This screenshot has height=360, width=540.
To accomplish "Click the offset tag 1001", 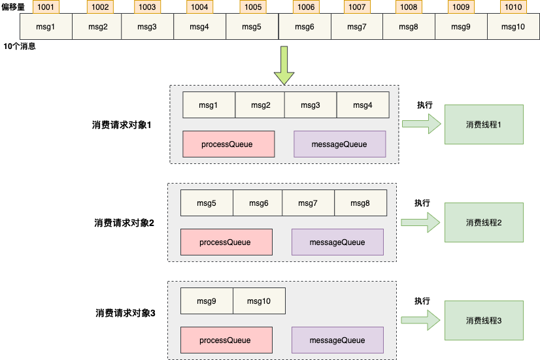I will pos(46,7).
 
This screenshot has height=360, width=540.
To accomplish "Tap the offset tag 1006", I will pos(305,7).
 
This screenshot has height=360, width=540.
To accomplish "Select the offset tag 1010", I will pos(513,7).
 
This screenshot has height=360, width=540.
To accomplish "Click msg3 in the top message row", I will pos(147,27).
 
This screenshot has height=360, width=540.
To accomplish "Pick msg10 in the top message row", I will pos(513,27).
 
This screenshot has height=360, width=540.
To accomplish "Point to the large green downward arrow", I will pos(284,65).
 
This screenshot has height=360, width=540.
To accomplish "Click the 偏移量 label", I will pos(13,7).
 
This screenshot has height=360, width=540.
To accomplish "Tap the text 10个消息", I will pos(20,47).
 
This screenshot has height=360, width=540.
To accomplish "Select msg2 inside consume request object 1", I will pos(260,105).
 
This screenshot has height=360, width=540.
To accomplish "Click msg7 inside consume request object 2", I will pos(308,203).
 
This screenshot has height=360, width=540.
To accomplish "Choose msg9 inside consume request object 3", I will pos(207,301).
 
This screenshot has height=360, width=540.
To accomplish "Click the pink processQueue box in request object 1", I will pos(228,144).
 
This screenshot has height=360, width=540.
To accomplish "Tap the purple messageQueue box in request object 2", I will pos(337,242).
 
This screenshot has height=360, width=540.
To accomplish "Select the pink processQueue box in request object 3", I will pos(226,340).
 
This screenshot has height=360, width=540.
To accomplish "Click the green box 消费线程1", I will pos(484,124).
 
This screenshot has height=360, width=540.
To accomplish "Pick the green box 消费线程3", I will pos(484,321).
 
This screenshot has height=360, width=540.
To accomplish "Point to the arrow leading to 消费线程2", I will pos(422,222).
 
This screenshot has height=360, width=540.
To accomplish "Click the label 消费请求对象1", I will pos(122,125).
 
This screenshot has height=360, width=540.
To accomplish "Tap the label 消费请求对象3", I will pos(125,313).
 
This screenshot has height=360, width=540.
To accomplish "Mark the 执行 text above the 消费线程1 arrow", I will pos(425,105).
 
